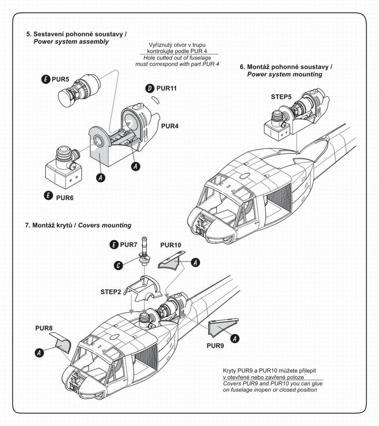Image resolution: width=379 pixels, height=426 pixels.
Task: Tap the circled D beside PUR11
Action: pyautogui.click(x=149, y=88)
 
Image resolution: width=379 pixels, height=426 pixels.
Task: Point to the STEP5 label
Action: pyautogui.click(x=281, y=97)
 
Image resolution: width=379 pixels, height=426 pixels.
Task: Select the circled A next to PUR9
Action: pyautogui.click(x=234, y=338)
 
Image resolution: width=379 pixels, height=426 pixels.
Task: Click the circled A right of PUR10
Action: pyautogui.click(x=195, y=263)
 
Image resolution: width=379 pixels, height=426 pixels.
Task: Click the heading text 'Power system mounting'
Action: pyautogui.click(x=284, y=74)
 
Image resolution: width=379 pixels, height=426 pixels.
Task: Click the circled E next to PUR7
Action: pyautogui.click(x=114, y=245)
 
